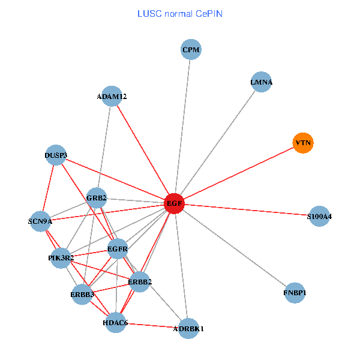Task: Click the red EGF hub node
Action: [x=174, y=204]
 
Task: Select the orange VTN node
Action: [x=303, y=143]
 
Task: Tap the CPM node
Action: [x=191, y=50]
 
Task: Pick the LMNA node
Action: [x=262, y=82]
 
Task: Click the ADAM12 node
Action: [x=112, y=96]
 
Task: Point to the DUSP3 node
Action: [x=55, y=155]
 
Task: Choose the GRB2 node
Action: [x=97, y=197]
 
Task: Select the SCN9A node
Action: [x=41, y=221]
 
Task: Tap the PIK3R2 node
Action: [x=61, y=258]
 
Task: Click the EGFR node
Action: [x=118, y=248]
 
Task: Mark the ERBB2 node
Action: [x=139, y=282]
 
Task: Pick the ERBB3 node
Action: [x=82, y=295]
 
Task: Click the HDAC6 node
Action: [x=115, y=323]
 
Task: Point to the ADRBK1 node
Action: [x=188, y=328]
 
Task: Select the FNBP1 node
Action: [x=295, y=293]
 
